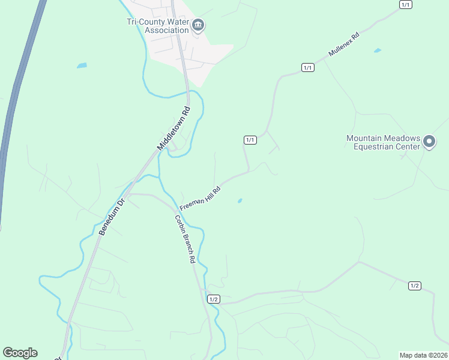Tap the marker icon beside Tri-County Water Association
click(x=199, y=25)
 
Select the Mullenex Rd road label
click(x=343, y=44)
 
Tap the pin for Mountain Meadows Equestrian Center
click(x=429, y=142)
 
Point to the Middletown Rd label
click(x=173, y=128)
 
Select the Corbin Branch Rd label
click(x=185, y=239)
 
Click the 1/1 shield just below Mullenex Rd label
click(x=308, y=67)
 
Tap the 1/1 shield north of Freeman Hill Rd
click(x=250, y=140)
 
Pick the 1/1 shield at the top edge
click(x=406, y=5)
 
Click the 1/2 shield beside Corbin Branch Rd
click(x=214, y=299)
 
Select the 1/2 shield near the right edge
click(x=414, y=286)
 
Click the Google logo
click(x=20, y=353)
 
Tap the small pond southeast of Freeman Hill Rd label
click(x=240, y=200)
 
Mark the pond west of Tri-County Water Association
click(x=82, y=65)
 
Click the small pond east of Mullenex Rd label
click(x=377, y=50)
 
